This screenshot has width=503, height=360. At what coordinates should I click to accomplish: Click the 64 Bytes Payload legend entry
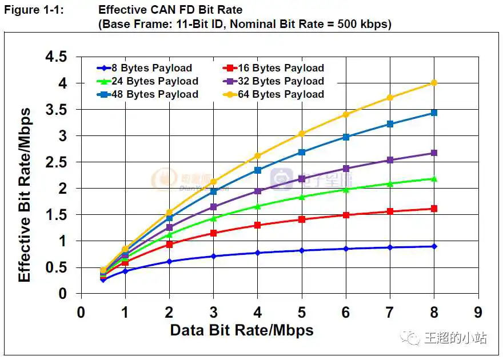click(280, 94)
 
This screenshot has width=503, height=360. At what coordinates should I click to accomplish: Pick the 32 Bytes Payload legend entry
click(280, 81)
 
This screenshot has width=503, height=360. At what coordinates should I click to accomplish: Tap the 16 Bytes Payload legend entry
click(280, 68)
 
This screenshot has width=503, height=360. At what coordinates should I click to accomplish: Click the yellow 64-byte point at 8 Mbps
click(434, 83)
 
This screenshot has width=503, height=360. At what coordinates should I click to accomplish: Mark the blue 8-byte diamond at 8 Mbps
click(434, 246)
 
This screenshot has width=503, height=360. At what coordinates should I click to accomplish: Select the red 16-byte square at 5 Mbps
click(301, 219)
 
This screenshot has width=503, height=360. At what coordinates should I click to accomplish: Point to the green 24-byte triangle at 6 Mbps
click(346, 189)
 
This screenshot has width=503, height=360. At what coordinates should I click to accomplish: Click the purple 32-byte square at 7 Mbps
click(390, 160)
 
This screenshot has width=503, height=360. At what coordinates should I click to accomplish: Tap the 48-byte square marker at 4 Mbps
click(257, 170)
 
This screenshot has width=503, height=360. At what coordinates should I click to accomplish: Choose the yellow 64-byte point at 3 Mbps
click(213, 182)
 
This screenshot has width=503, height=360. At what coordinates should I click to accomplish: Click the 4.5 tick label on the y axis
click(56, 57)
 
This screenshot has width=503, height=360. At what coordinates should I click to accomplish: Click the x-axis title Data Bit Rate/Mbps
click(242, 330)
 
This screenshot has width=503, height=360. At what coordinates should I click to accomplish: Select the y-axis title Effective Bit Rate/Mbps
click(25, 195)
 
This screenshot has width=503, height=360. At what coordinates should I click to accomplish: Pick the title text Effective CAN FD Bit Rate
click(170, 10)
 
